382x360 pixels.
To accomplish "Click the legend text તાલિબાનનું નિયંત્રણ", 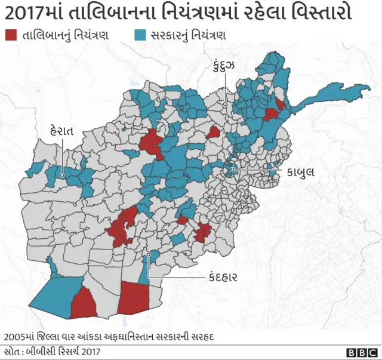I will coord(65,35).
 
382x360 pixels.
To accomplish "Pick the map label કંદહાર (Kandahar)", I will coord(224,277).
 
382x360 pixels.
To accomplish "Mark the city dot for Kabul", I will coord(232,171).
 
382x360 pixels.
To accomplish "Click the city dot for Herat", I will coord(62,176).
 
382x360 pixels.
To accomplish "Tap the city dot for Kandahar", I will coord(148,255).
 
